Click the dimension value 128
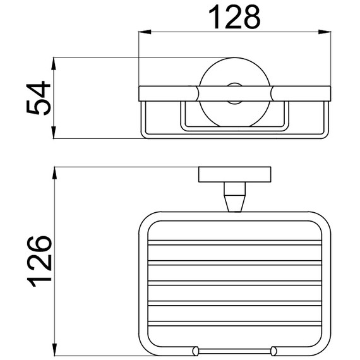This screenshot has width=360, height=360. [x=234, y=18]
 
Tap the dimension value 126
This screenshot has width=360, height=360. [x=39, y=261]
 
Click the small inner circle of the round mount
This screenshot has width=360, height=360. [x=234, y=93]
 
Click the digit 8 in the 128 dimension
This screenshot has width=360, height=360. [x=250, y=18]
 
